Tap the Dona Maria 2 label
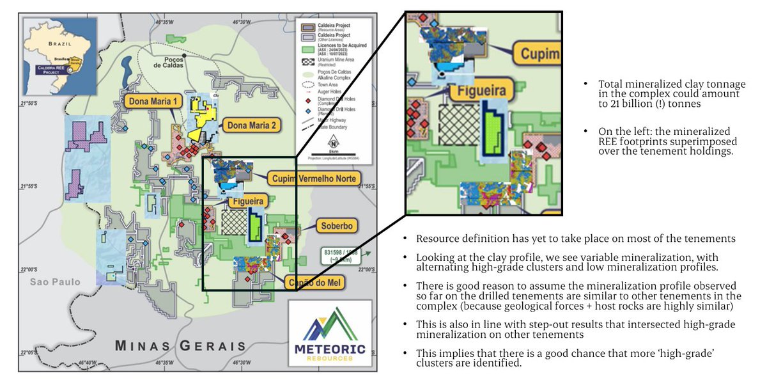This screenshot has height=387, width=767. click(x=250, y=126)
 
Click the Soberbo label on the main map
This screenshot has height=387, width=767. click(x=334, y=226)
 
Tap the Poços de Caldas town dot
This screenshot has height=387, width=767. click(x=184, y=56)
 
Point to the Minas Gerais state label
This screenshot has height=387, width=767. click(x=181, y=346)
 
